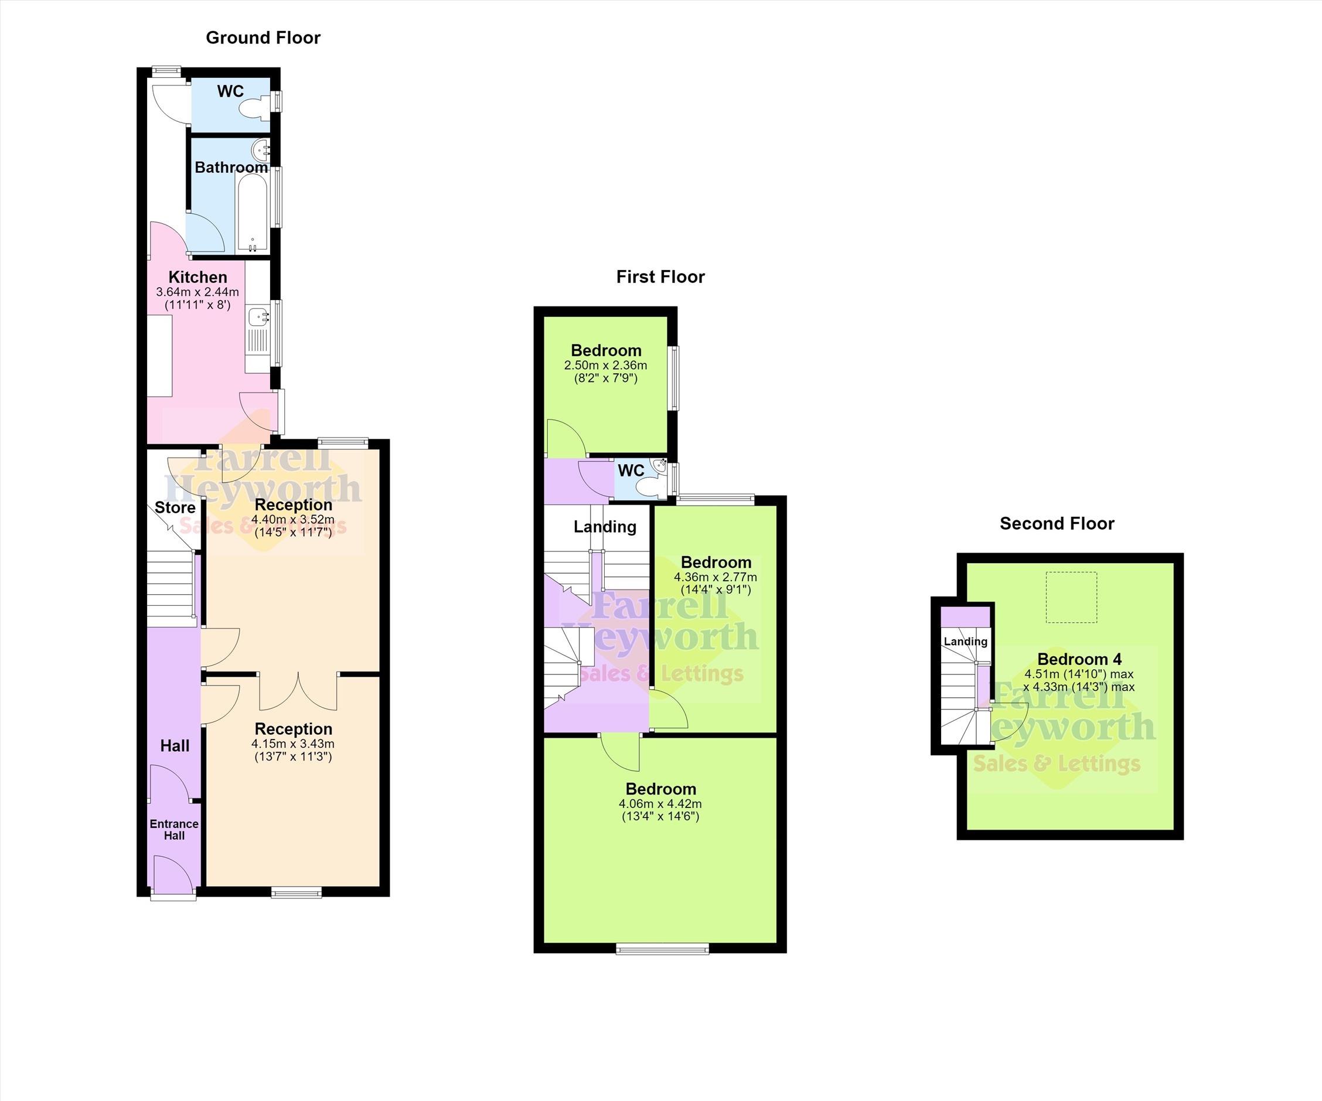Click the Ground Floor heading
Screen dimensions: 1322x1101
tap(263, 38)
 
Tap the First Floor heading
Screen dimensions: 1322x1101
tap(660, 277)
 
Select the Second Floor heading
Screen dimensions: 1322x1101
tap(1057, 524)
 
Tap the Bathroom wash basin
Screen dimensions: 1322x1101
tap(261, 150)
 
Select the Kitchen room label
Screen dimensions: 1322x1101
tap(197, 277)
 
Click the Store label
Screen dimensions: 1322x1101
tap(175, 507)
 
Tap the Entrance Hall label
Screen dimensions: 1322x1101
tap(175, 830)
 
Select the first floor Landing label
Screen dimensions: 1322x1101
tap(605, 527)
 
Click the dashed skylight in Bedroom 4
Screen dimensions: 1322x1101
tap(1071, 598)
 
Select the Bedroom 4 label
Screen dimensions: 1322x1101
tap(1079, 659)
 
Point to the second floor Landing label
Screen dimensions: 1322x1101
tap(965, 642)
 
